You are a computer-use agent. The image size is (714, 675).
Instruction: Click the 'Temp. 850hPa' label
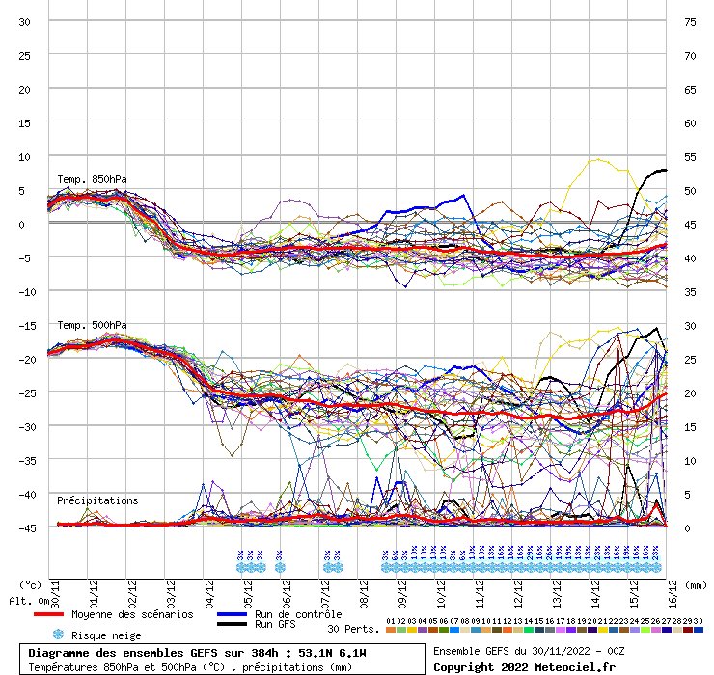point(92,179)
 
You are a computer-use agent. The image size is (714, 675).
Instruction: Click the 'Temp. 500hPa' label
point(92,325)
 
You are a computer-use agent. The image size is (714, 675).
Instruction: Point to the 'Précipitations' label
point(97,500)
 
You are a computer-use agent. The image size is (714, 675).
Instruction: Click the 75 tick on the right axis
point(689,21)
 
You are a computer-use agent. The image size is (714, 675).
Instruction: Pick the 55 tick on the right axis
point(689,156)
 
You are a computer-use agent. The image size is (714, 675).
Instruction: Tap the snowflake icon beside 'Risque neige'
point(58,634)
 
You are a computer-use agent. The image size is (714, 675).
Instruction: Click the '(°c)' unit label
point(30,584)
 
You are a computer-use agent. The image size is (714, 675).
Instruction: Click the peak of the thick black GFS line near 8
point(661,170)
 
